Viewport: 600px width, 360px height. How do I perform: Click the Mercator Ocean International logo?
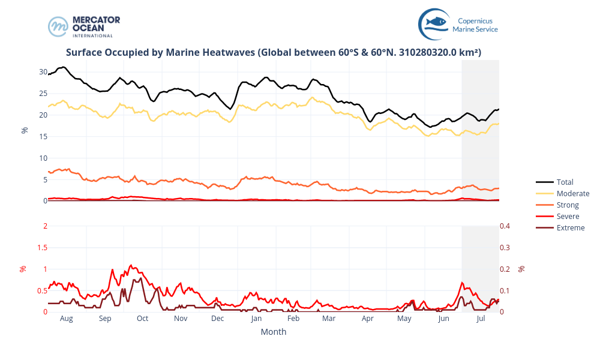pos(84,26)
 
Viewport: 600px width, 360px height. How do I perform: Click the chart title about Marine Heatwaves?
pos(273,53)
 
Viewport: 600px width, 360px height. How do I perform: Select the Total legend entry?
pos(565,182)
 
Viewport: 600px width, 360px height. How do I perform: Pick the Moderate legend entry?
pos(572,193)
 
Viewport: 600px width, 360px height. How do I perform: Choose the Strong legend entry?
pos(568,205)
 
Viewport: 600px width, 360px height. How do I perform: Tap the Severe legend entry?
pos(568,216)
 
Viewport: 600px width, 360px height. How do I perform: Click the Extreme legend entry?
pos(570,227)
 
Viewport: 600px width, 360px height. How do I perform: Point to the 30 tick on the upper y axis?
pos(43,72)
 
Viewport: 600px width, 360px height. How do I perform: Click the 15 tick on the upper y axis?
pos(43,137)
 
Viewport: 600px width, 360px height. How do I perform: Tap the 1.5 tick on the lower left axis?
pos(41,247)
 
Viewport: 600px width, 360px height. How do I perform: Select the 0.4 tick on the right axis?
pos(505,226)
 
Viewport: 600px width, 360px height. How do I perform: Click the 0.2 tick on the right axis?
pos(505,269)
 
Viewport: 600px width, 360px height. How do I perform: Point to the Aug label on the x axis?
pos(66,319)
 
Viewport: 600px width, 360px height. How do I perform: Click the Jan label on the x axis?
pos(256,319)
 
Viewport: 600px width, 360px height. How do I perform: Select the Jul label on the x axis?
pos(481,319)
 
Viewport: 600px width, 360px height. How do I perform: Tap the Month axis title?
pos(273,332)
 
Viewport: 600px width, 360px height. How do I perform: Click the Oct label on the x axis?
pos(142,319)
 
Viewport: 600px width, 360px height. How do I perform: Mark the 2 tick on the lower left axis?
pos(44,226)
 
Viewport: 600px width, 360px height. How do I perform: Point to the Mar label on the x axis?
pos(329,319)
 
